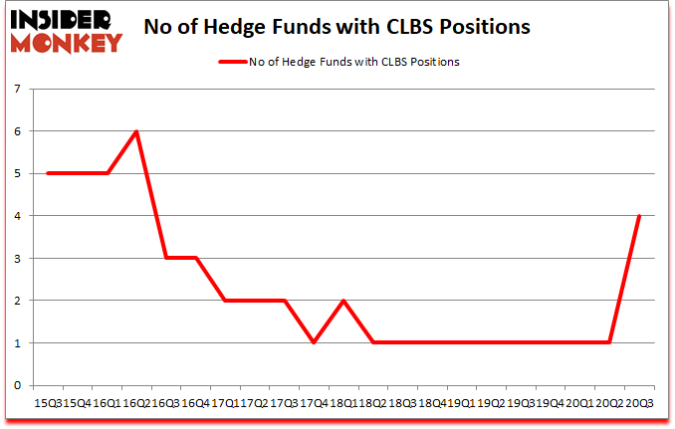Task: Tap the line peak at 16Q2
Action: coord(135,131)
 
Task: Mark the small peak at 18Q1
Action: coord(342,301)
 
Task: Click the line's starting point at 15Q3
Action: coord(47,173)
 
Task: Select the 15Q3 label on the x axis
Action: coord(48,404)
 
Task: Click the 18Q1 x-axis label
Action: coord(342,404)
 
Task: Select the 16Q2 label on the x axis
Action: coord(136,404)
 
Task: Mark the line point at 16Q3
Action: coord(165,258)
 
